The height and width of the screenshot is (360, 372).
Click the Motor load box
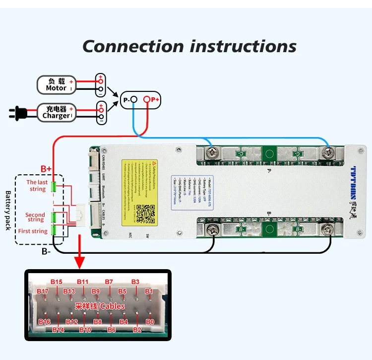coord(56,84)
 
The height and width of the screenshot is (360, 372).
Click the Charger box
coord(56,112)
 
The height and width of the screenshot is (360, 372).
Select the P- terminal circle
coord(134,100)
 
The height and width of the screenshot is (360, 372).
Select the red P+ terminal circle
coord(147,100)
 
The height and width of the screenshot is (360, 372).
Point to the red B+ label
coord(46,169)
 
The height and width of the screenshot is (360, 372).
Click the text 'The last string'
coord(37,186)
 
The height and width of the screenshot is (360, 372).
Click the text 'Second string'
coord(35,217)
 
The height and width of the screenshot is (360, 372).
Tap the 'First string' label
coord(33,231)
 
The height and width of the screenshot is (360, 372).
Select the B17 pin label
coord(43,291)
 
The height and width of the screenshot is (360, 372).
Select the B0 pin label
coord(150,322)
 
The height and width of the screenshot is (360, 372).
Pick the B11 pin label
coord(82,282)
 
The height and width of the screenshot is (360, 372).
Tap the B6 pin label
coord(112,330)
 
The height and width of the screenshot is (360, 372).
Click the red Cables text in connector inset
coord(112,307)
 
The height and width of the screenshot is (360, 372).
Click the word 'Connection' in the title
coord(133,46)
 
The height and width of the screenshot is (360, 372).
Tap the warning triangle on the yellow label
coord(155,163)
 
